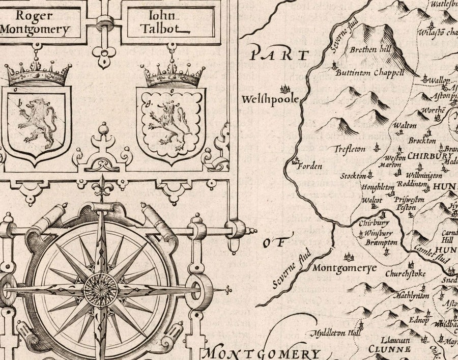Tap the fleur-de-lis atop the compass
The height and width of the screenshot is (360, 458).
point(101,188)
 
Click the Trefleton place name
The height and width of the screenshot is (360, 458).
point(349,149)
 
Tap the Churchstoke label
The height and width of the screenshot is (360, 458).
point(405,273)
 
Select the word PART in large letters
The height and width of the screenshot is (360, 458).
point(279,56)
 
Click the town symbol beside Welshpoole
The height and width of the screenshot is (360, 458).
point(285,89)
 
